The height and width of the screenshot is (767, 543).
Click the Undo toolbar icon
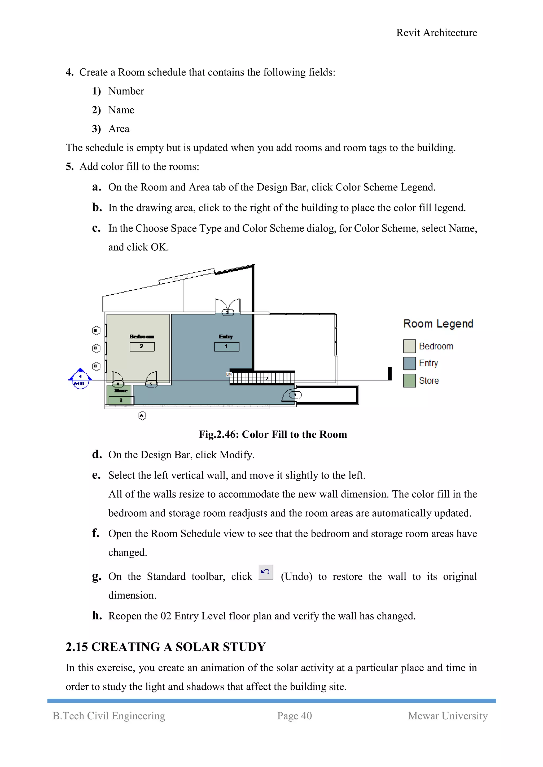(x=266, y=572)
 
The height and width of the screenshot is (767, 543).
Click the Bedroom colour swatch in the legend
(x=409, y=346)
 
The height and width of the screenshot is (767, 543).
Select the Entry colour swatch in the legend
(x=409, y=363)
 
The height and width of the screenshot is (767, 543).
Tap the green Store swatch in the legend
(x=409, y=380)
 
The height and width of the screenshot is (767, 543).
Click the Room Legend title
(x=438, y=324)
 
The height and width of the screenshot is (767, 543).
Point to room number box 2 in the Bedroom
(x=142, y=347)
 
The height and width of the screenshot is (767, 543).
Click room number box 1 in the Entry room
(x=227, y=347)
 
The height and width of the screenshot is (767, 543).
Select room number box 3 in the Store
(x=121, y=400)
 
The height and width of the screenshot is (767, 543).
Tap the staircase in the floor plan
(x=262, y=378)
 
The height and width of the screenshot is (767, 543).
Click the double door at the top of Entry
(x=227, y=306)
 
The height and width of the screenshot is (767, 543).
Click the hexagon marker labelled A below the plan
(x=142, y=416)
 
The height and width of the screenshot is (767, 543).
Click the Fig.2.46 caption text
(x=273, y=434)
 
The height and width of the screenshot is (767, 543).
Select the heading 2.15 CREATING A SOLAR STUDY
(x=165, y=647)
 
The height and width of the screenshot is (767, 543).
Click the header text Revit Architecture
(x=436, y=33)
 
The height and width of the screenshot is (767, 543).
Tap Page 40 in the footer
(x=294, y=716)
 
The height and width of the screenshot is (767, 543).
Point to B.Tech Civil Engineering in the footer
(x=109, y=716)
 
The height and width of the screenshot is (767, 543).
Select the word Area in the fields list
(x=119, y=129)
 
